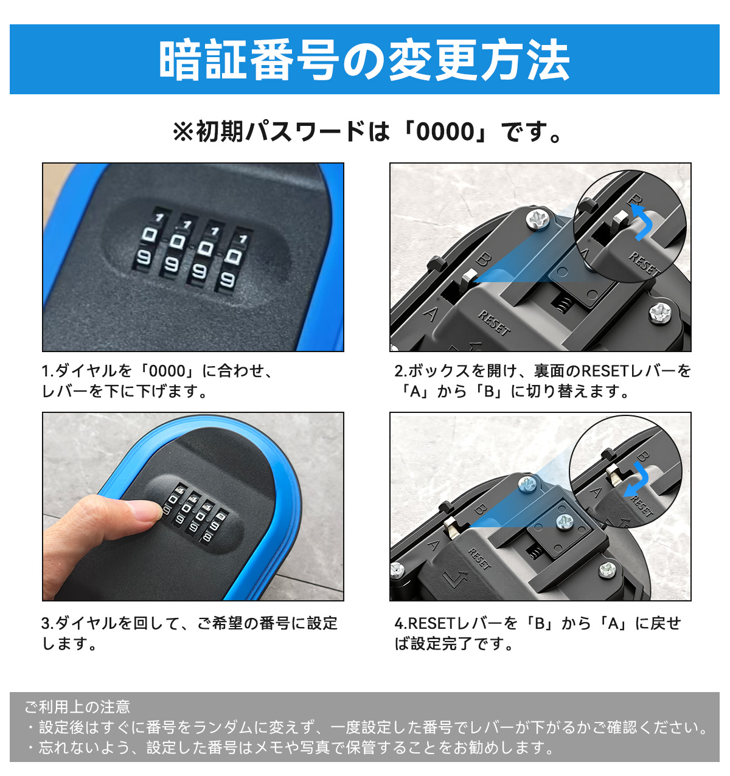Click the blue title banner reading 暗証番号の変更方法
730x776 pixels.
click(364, 60)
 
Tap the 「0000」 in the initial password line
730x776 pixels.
click(445, 132)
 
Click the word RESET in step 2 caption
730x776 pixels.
click(606, 371)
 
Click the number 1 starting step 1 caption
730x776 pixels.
click(46, 371)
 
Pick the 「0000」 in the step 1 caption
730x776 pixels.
click(167, 371)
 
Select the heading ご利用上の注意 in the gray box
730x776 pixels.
click(77, 707)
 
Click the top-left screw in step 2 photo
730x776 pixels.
click(538, 220)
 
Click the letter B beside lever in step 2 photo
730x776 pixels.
click(484, 259)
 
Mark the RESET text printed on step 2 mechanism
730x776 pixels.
click(495, 323)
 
